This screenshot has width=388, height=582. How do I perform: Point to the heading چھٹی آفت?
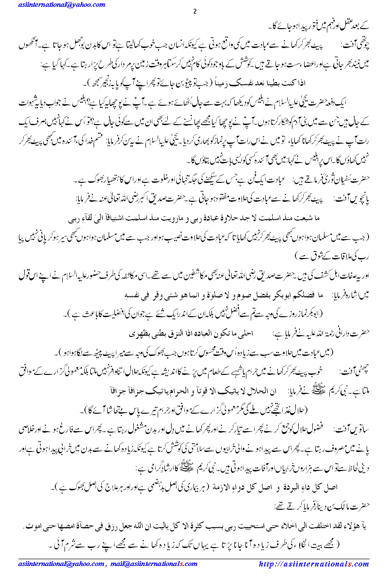[359, 368]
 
